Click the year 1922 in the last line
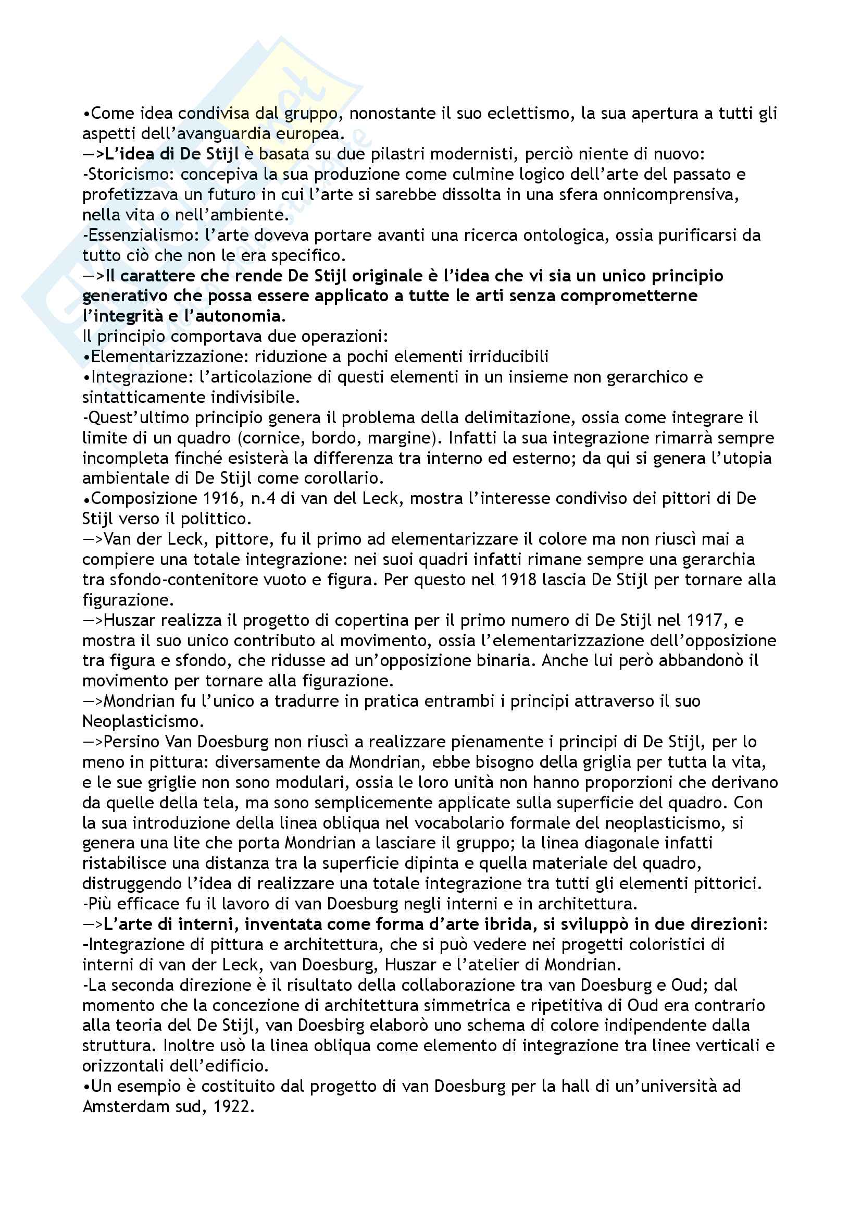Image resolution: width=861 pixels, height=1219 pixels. [232, 1107]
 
